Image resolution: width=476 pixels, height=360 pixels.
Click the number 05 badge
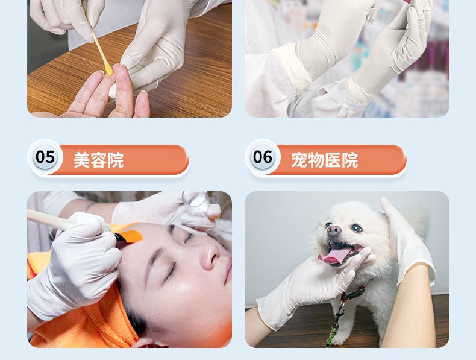coord(45,157)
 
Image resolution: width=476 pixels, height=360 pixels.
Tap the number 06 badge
coord(263,157)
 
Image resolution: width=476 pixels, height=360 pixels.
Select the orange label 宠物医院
coord(325,160)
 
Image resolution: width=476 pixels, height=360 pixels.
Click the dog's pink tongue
coord(334,256)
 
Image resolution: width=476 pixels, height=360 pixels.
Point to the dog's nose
coord(333,230)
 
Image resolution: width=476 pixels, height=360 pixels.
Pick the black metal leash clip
coord(341,305)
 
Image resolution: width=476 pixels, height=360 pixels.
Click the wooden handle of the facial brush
coord(51,219)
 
